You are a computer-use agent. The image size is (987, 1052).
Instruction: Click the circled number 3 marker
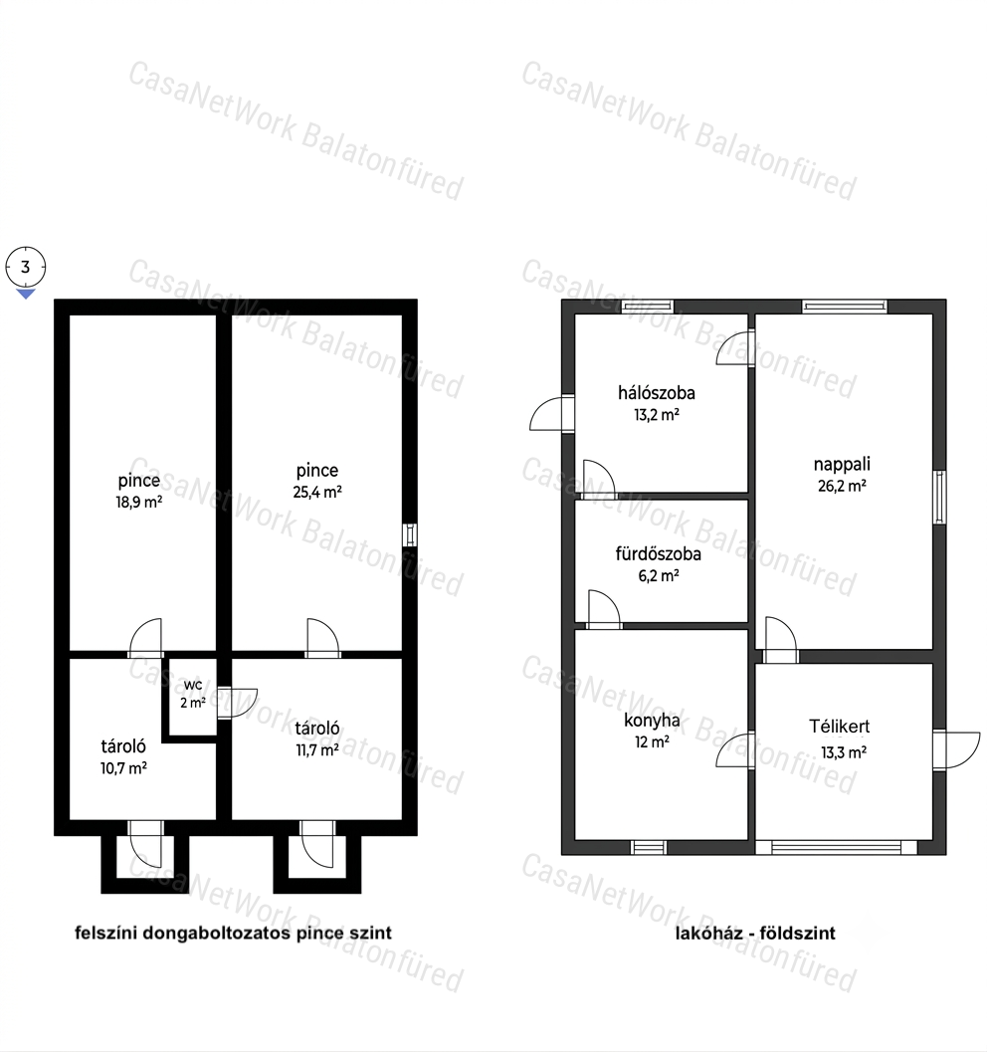click(x=26, y=267)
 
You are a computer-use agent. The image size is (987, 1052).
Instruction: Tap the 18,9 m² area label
click(x=139, y=503)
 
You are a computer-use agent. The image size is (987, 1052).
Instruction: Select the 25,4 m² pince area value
click(x=317, y=492)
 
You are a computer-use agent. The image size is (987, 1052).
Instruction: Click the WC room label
click(x=192, y=685)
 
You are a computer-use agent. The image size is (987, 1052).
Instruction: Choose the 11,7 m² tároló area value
click(x=317, y=750)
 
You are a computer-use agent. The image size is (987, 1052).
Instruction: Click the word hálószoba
click(x=657, y=392)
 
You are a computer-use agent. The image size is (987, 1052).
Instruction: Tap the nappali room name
click(x=842, y=464)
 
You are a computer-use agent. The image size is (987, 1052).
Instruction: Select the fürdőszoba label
click(x=659, y=553)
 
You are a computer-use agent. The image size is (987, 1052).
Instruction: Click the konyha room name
click(x=652, y=721)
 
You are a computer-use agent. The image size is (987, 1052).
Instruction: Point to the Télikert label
click(x=840, y=726)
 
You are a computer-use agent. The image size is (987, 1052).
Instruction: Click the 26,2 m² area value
click(x=842, y=486)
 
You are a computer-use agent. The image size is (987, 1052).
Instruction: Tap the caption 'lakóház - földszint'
click(x=755, y=934)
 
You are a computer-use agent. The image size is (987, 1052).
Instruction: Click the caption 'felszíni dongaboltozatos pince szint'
click(x=234, y=933)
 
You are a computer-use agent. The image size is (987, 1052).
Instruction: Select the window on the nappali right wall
click(x=940, y=498)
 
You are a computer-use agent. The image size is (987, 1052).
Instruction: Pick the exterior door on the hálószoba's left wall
click(x=552, y=413)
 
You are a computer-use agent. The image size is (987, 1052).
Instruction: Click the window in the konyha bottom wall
click(x=649, y=847)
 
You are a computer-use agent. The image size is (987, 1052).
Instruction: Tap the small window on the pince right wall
click(x=410, y=534)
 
